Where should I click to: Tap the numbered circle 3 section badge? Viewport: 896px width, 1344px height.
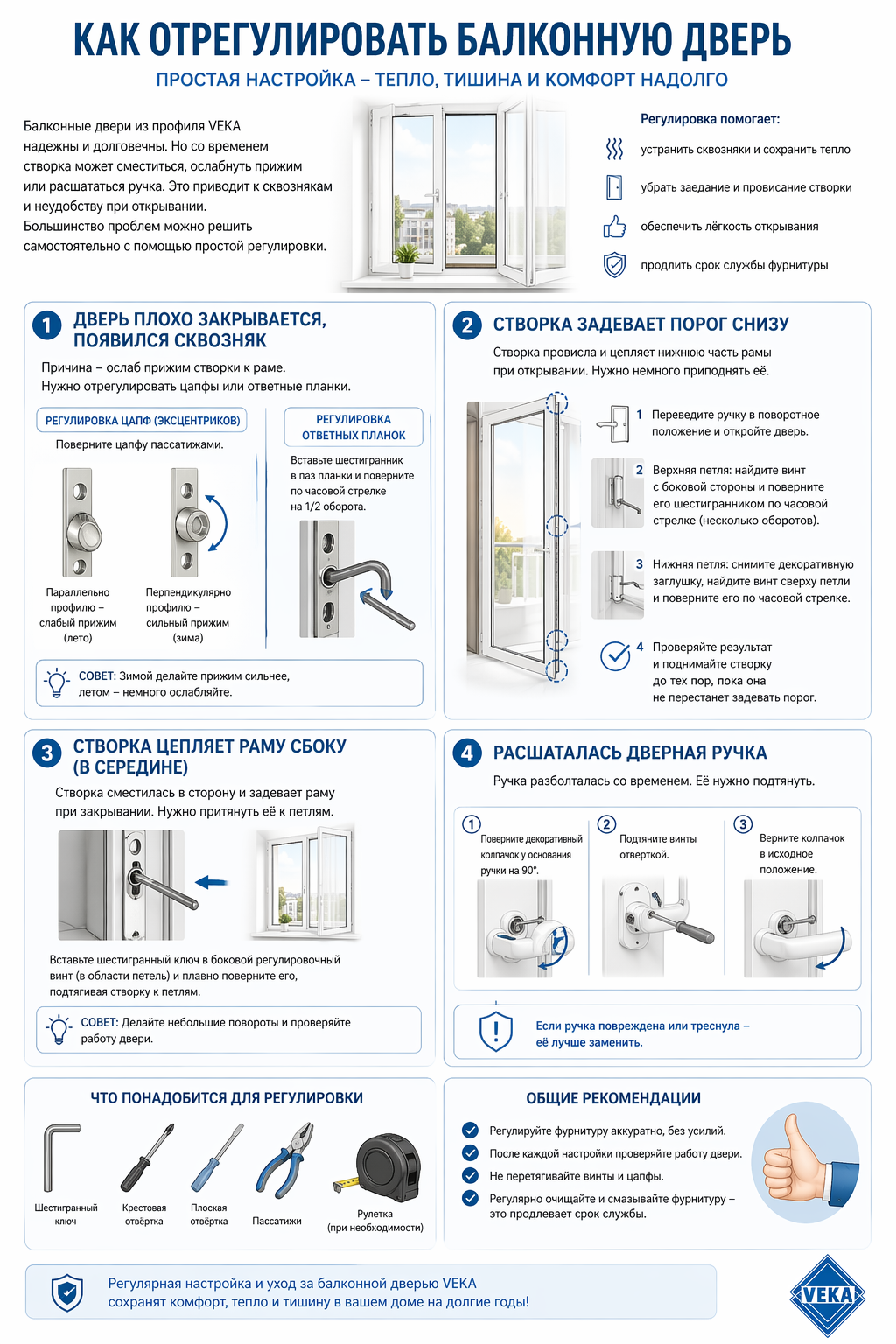(x=46, y=753)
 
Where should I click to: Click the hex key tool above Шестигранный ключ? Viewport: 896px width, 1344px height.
(x=59, y=1157)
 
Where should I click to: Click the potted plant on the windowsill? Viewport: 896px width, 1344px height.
(x=405, y=259)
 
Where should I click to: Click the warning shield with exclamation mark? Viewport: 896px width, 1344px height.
(x=496, y=1032)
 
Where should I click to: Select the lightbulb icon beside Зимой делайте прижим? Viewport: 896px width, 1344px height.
(x=58, y=682)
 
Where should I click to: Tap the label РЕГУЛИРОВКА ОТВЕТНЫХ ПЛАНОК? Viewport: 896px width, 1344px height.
(x=353, y=427)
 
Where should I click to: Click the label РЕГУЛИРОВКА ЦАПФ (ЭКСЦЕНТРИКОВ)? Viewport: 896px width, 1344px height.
(x=142, y=421)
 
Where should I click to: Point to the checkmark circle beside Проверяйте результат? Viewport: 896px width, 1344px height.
(x=615, y=655)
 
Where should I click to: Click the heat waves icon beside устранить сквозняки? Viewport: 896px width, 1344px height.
(x=615, y=149)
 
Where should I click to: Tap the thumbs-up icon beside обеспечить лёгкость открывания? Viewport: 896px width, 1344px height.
(x=615, y=227)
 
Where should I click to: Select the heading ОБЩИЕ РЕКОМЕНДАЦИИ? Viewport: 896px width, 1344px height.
(x=612, y=1098)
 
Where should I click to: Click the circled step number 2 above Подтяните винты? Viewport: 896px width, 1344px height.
(x=606, y=824)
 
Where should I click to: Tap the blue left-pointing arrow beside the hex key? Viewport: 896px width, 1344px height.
(x=212, y=882)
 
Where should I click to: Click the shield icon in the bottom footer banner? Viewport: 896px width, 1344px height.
(x=67, y=1292)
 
